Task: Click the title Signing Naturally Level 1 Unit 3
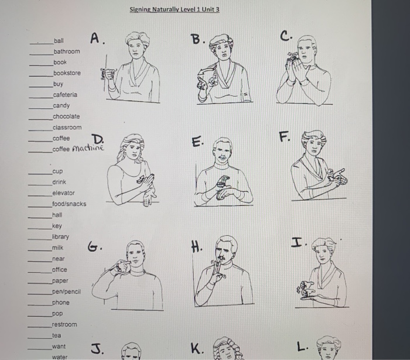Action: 175,9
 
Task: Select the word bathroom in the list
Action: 67,52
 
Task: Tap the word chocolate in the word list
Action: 66,116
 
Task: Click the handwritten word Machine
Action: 88,148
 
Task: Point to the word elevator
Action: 63,193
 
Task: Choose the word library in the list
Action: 60,237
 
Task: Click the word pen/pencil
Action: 66,292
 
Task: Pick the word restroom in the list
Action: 64,324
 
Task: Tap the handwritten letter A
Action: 97,39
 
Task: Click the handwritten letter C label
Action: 286,36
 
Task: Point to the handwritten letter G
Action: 94,246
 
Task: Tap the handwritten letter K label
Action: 197,348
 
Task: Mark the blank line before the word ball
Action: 42,43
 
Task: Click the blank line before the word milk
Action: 40,251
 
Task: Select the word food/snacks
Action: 69,204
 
